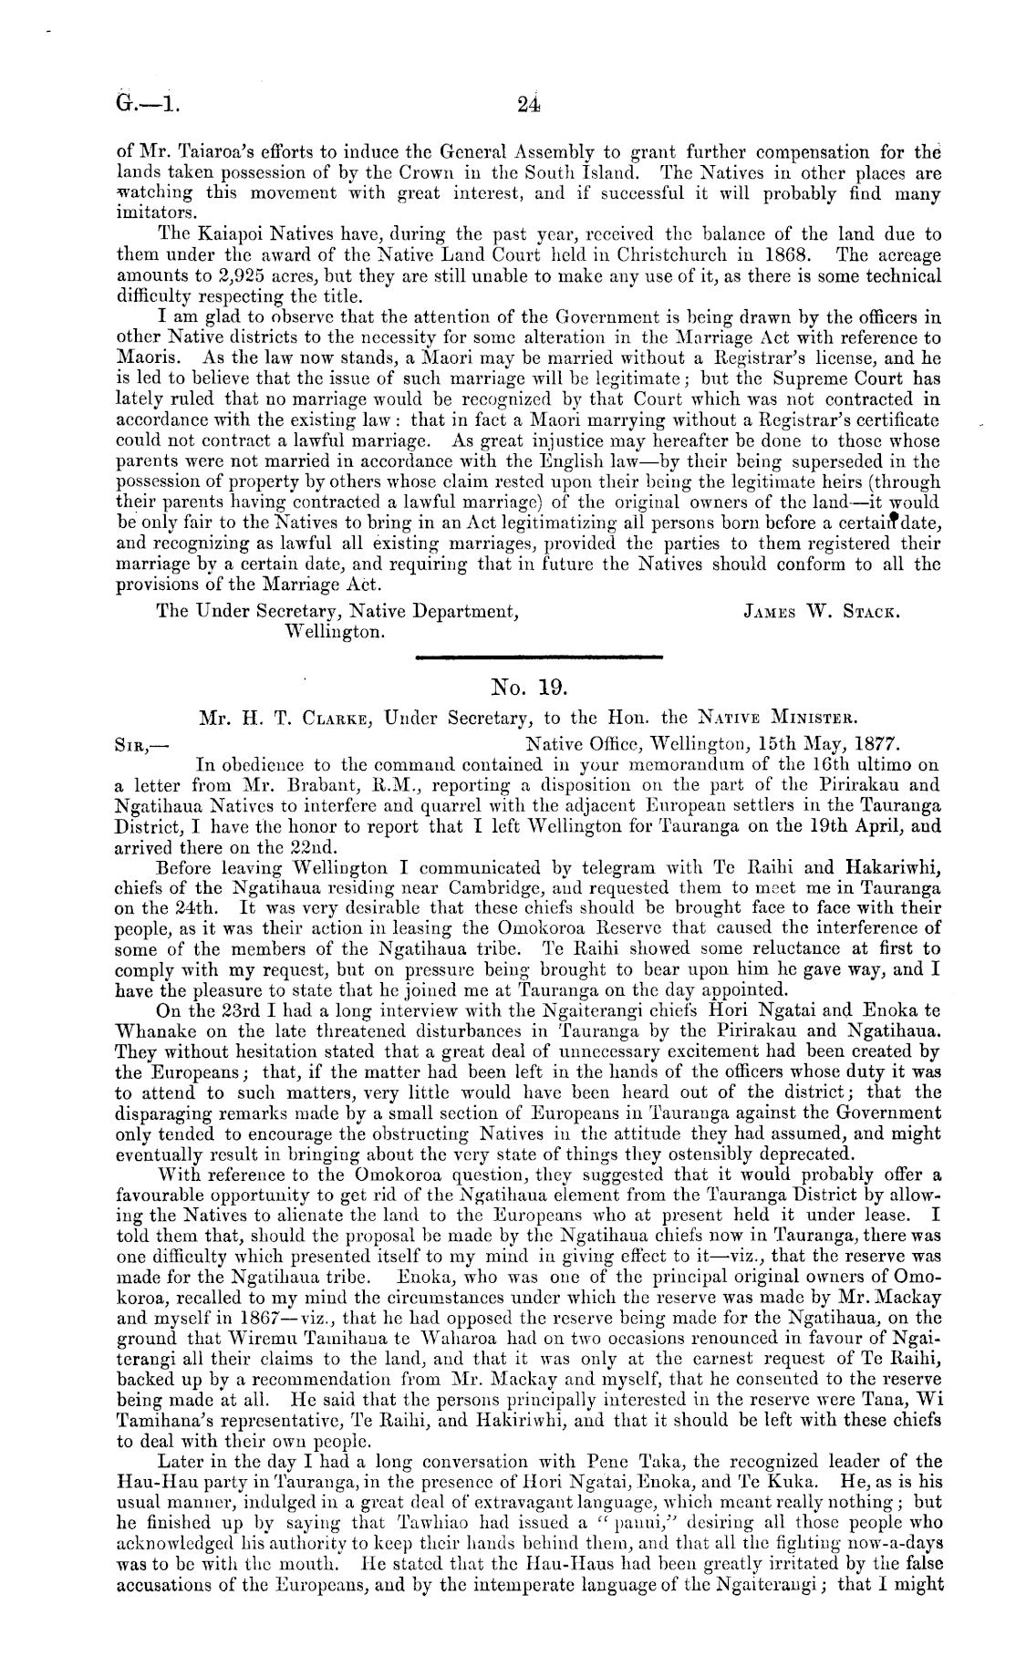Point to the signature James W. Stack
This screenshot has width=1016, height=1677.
point(824,614)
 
